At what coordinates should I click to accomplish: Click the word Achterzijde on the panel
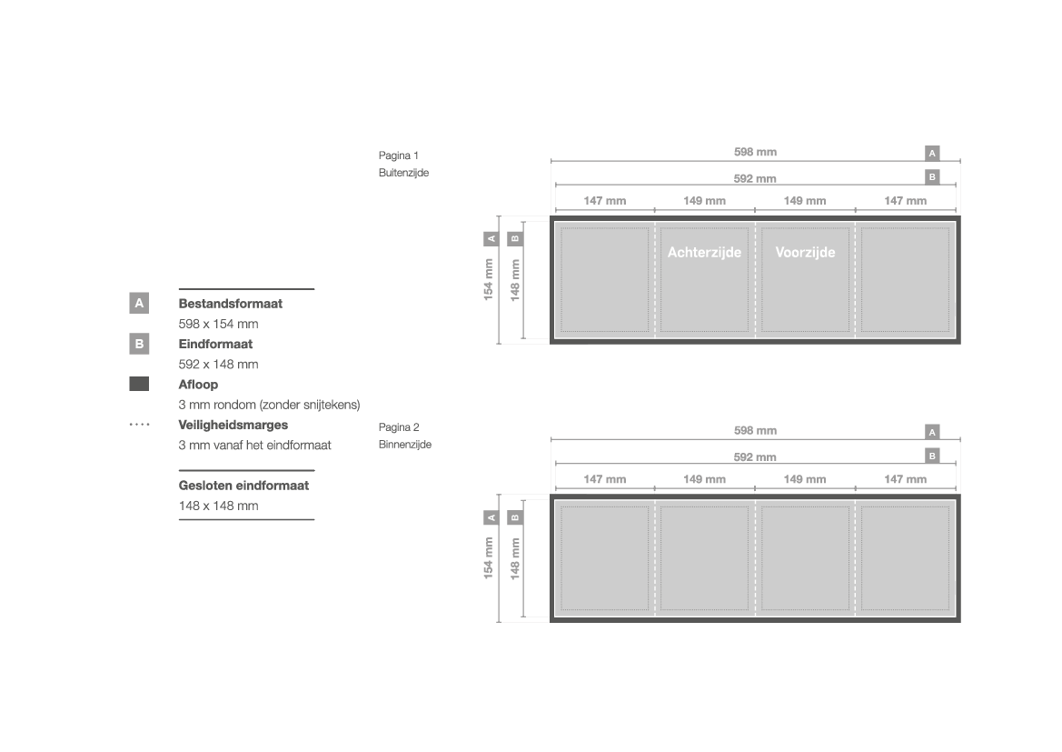[x=704, y=252]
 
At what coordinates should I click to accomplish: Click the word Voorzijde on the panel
[x=805, y=252]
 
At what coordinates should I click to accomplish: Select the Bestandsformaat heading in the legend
[x=230, y=304]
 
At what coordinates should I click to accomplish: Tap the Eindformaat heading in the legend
[x=215, y=344]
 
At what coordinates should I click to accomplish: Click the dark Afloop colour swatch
[x=139, y=384]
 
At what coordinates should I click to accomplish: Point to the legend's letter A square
[x=139, y=303]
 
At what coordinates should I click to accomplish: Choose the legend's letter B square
[x=139, y=344]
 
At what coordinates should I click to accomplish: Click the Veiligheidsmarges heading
[x=233, y=426]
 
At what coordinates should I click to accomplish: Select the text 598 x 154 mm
[x=218, y=324]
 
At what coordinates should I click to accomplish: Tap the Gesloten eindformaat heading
[x=243, y=486]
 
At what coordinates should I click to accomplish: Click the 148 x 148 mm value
[x=218, y=506]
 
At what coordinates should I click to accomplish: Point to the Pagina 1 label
[x=398, y=155]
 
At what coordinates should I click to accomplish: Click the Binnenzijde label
[x=405, y=445]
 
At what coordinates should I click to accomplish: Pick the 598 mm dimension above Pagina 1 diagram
[x=755, y=152]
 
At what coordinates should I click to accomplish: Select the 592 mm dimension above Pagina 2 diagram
[x=755, y=457]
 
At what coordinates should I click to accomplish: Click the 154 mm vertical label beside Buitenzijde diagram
[x=489, y=279]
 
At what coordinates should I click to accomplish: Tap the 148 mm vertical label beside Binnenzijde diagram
[x=515, y=558]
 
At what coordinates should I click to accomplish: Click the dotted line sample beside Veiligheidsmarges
[x=139, y=426]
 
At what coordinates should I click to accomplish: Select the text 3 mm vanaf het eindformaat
[x=254, y=446]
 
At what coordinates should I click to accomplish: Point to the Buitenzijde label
[x=403, y=173]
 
